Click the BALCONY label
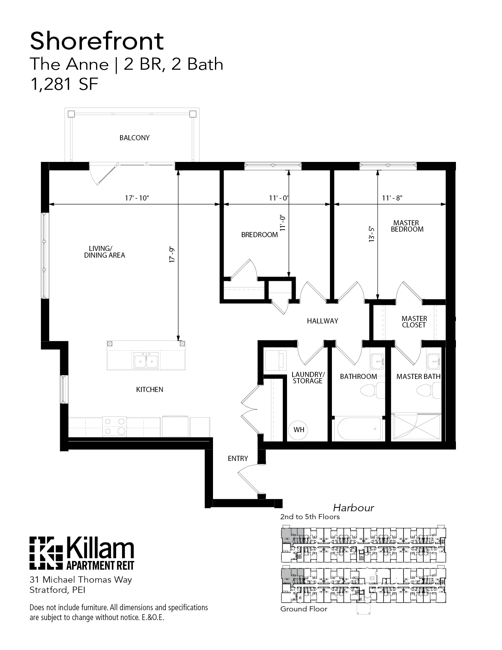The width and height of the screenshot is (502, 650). coord(135,138)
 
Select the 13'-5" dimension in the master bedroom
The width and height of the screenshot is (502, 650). coord(371,234)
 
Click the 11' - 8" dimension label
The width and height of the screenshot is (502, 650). coord(392,198)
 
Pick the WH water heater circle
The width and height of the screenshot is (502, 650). coord(299,429)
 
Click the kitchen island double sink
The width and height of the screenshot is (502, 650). coord(146,361)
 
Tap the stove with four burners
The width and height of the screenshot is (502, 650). coord(114,427)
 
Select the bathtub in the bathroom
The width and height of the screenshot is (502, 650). coord(358,429)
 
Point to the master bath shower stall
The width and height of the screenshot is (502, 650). coord(417,427)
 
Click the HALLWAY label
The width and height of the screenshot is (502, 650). coord(322,321)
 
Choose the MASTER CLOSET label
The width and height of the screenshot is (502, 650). coord(414,322)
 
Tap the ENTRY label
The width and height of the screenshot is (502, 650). coord(238,459)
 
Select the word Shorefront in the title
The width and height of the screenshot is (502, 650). coord(96,41)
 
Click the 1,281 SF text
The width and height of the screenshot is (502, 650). coord(64,84)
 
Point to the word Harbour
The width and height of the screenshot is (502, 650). coord(353,508)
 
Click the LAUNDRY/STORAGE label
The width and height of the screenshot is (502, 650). coord(308,377)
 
